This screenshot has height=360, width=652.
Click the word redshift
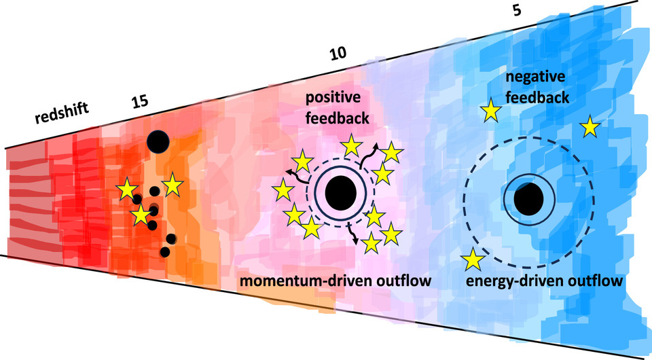[62, 113]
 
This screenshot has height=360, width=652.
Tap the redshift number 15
[140, 102]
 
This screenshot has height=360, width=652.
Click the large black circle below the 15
[158, 141]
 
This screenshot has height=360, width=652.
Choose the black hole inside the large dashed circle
[528, 199]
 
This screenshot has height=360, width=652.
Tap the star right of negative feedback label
[590, 126]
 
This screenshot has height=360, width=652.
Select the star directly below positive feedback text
[351, 145]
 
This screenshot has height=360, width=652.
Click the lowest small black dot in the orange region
[164, 252]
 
